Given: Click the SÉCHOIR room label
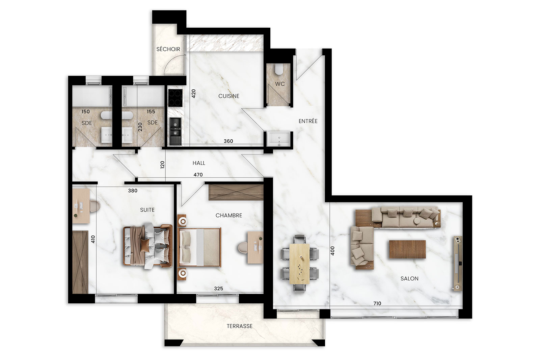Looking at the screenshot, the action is [168, 49].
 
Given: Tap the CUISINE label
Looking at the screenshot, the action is [229, 96].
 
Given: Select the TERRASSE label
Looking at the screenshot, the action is [240, 326].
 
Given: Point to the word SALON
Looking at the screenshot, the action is [409, 279].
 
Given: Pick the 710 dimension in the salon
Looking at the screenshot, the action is [377, 303].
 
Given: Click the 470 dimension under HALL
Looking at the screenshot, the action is [198, 175].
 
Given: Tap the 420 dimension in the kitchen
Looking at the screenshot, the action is [193, 93].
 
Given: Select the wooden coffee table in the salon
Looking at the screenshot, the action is [407, 249].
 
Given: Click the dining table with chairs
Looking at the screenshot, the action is [300, 264].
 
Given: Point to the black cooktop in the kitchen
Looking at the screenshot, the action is [175, 98].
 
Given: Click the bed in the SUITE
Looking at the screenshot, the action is [148, 245].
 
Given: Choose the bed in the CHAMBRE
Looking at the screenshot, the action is [199, 247].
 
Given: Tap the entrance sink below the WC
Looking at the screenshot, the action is [279, 139].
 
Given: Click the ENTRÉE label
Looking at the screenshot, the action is [308, 121].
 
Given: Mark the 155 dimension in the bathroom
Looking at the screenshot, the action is [151, 112].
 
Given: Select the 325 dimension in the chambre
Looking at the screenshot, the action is [218, 288].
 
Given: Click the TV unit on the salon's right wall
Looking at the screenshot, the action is [458, 264].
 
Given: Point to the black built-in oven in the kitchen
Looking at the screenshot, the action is [175, 131].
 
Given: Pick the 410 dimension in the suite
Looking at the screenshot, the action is [93, 239].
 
